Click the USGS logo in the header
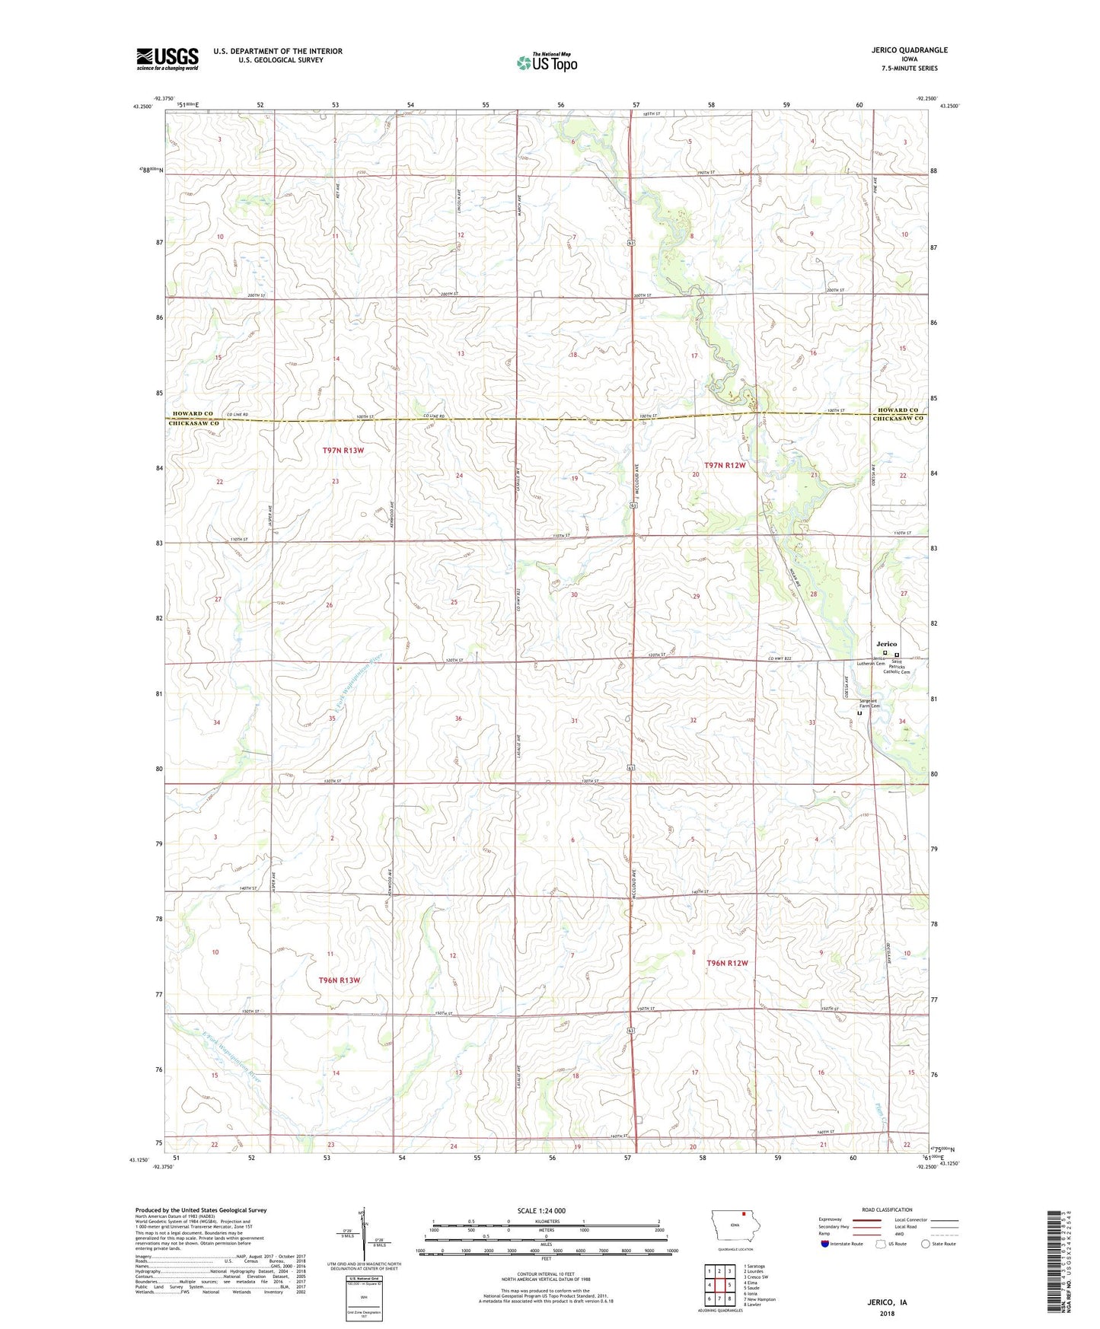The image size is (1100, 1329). pyautogui.click(x=167, y=59)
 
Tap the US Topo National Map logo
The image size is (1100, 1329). pyautogui.click(x=546, y=62)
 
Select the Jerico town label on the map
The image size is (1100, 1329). pyautogui.click(x=886, y=644)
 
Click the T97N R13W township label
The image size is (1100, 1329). pyautogui.click(x=343, y=451)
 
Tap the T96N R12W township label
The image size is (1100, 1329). pyautogui.click(x=727, y=964)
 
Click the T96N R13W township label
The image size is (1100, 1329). pyautogui.click(x=339, y=980)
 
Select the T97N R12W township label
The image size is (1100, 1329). pyautogui.click(x=725, y=465)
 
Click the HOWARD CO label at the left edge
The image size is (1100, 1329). pyautogui.click(x=192, y=413)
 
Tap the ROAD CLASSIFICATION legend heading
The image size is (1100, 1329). pyautogui.click(x=887, y=1209)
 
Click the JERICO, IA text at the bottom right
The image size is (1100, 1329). pyautogui.click(x=887, y=1302)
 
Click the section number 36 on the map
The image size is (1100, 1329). pyautogui.click(x=458, y=719)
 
